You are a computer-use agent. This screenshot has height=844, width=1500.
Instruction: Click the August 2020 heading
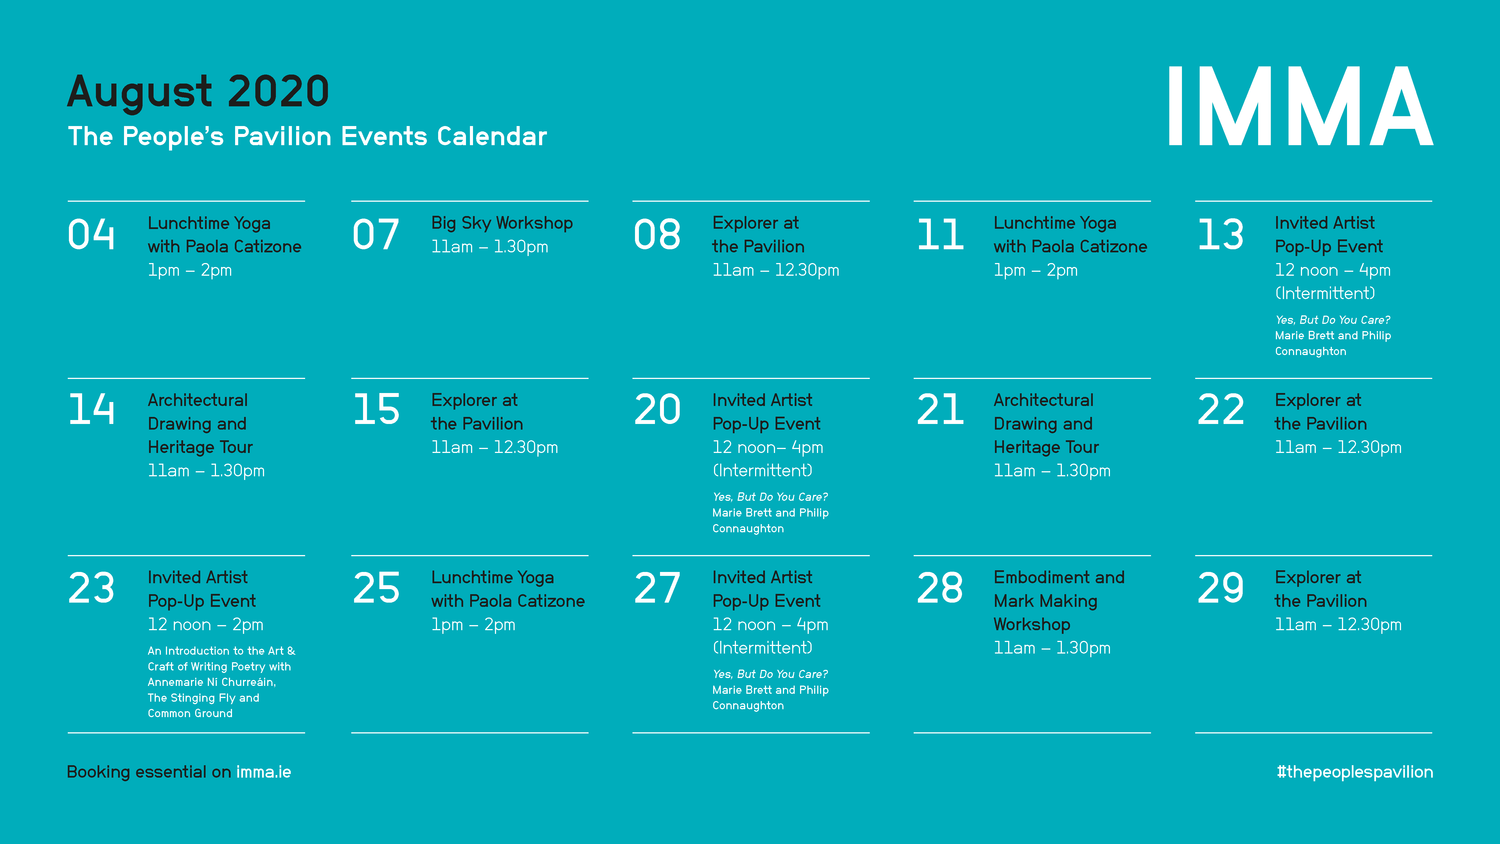tap(199, 91)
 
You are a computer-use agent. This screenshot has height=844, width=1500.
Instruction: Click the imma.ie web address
tap(264, 772)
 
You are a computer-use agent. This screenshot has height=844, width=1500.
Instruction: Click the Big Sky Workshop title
tap(502, 223)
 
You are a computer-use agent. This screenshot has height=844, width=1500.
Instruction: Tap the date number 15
tap(376, 409)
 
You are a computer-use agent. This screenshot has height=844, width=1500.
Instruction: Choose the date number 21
tap(940, 409)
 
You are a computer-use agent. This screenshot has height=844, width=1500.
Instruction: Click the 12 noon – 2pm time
tap(206, 624)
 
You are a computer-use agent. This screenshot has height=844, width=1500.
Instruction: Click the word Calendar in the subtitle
tap(492, 136)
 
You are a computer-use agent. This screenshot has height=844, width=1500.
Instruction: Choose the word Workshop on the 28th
tap(1032, 624)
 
